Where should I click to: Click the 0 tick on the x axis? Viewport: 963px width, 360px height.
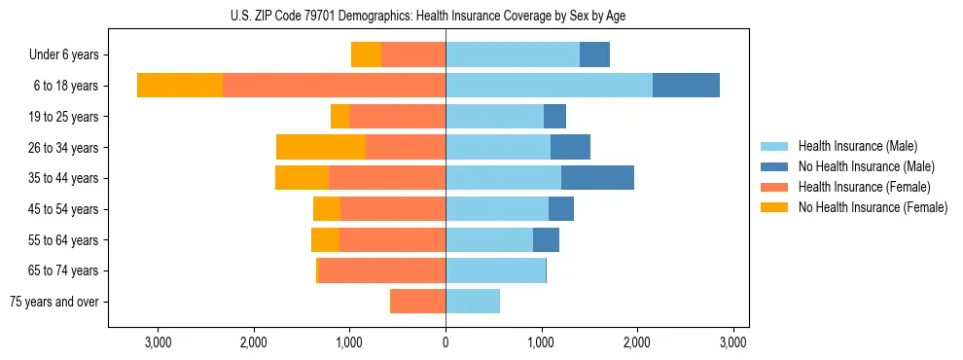[446, 342]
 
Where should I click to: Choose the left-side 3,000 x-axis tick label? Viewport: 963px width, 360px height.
[158, 342]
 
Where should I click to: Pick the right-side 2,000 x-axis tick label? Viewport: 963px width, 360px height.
[637, 342]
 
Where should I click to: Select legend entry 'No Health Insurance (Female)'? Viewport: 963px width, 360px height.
[873, 207]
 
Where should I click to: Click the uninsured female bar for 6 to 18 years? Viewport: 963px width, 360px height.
[180, 86]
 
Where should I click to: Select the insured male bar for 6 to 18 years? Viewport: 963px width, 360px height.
[549, 86]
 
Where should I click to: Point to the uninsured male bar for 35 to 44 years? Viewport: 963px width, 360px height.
[597, 178]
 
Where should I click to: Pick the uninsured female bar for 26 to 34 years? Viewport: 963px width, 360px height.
[321, 147]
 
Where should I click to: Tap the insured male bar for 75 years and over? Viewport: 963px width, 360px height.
[473, 302]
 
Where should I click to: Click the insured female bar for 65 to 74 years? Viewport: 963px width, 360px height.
[382, 270]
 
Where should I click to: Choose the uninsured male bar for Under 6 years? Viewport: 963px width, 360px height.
[594, 54]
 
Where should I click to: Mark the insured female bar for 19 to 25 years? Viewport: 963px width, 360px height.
[398, 117]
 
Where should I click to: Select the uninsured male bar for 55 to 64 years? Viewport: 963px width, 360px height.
[546, 239]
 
